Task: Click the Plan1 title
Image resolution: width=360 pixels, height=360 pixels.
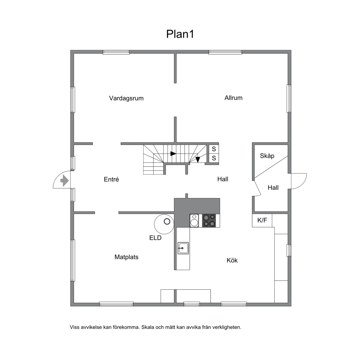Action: pos(180,34)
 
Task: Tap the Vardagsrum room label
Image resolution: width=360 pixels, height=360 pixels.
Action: pos(126,98)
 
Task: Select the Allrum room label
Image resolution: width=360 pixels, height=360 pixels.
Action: pos(233,98)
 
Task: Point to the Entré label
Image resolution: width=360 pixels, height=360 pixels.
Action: pos(111,179)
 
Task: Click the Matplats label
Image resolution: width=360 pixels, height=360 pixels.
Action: pos(127,257)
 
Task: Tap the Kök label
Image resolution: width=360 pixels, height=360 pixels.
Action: pos(232,260)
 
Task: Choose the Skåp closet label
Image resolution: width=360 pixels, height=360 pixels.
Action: pos(267,156)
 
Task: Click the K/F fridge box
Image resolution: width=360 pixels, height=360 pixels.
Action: pos(262,220)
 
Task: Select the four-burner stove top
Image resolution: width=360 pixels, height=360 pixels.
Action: pos(209,221)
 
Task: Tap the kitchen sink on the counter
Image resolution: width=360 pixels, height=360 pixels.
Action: pos(183,248)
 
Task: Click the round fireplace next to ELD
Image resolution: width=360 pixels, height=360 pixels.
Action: pos(164,224)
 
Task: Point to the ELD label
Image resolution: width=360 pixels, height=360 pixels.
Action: pos(155,238)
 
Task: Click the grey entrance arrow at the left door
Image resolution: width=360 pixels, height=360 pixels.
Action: pos(64,181)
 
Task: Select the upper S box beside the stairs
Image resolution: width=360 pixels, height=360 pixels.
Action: pos(214,149)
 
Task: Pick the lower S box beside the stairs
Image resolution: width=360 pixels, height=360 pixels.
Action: pos(214,158)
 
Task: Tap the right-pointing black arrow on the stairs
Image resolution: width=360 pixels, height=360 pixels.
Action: pos(173,154)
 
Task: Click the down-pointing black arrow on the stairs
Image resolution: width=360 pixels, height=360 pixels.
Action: pos(198,159)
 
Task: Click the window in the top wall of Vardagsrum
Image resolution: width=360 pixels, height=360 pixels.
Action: pos(116,52)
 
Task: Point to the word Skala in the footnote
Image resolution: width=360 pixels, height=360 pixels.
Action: pos(147,327)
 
